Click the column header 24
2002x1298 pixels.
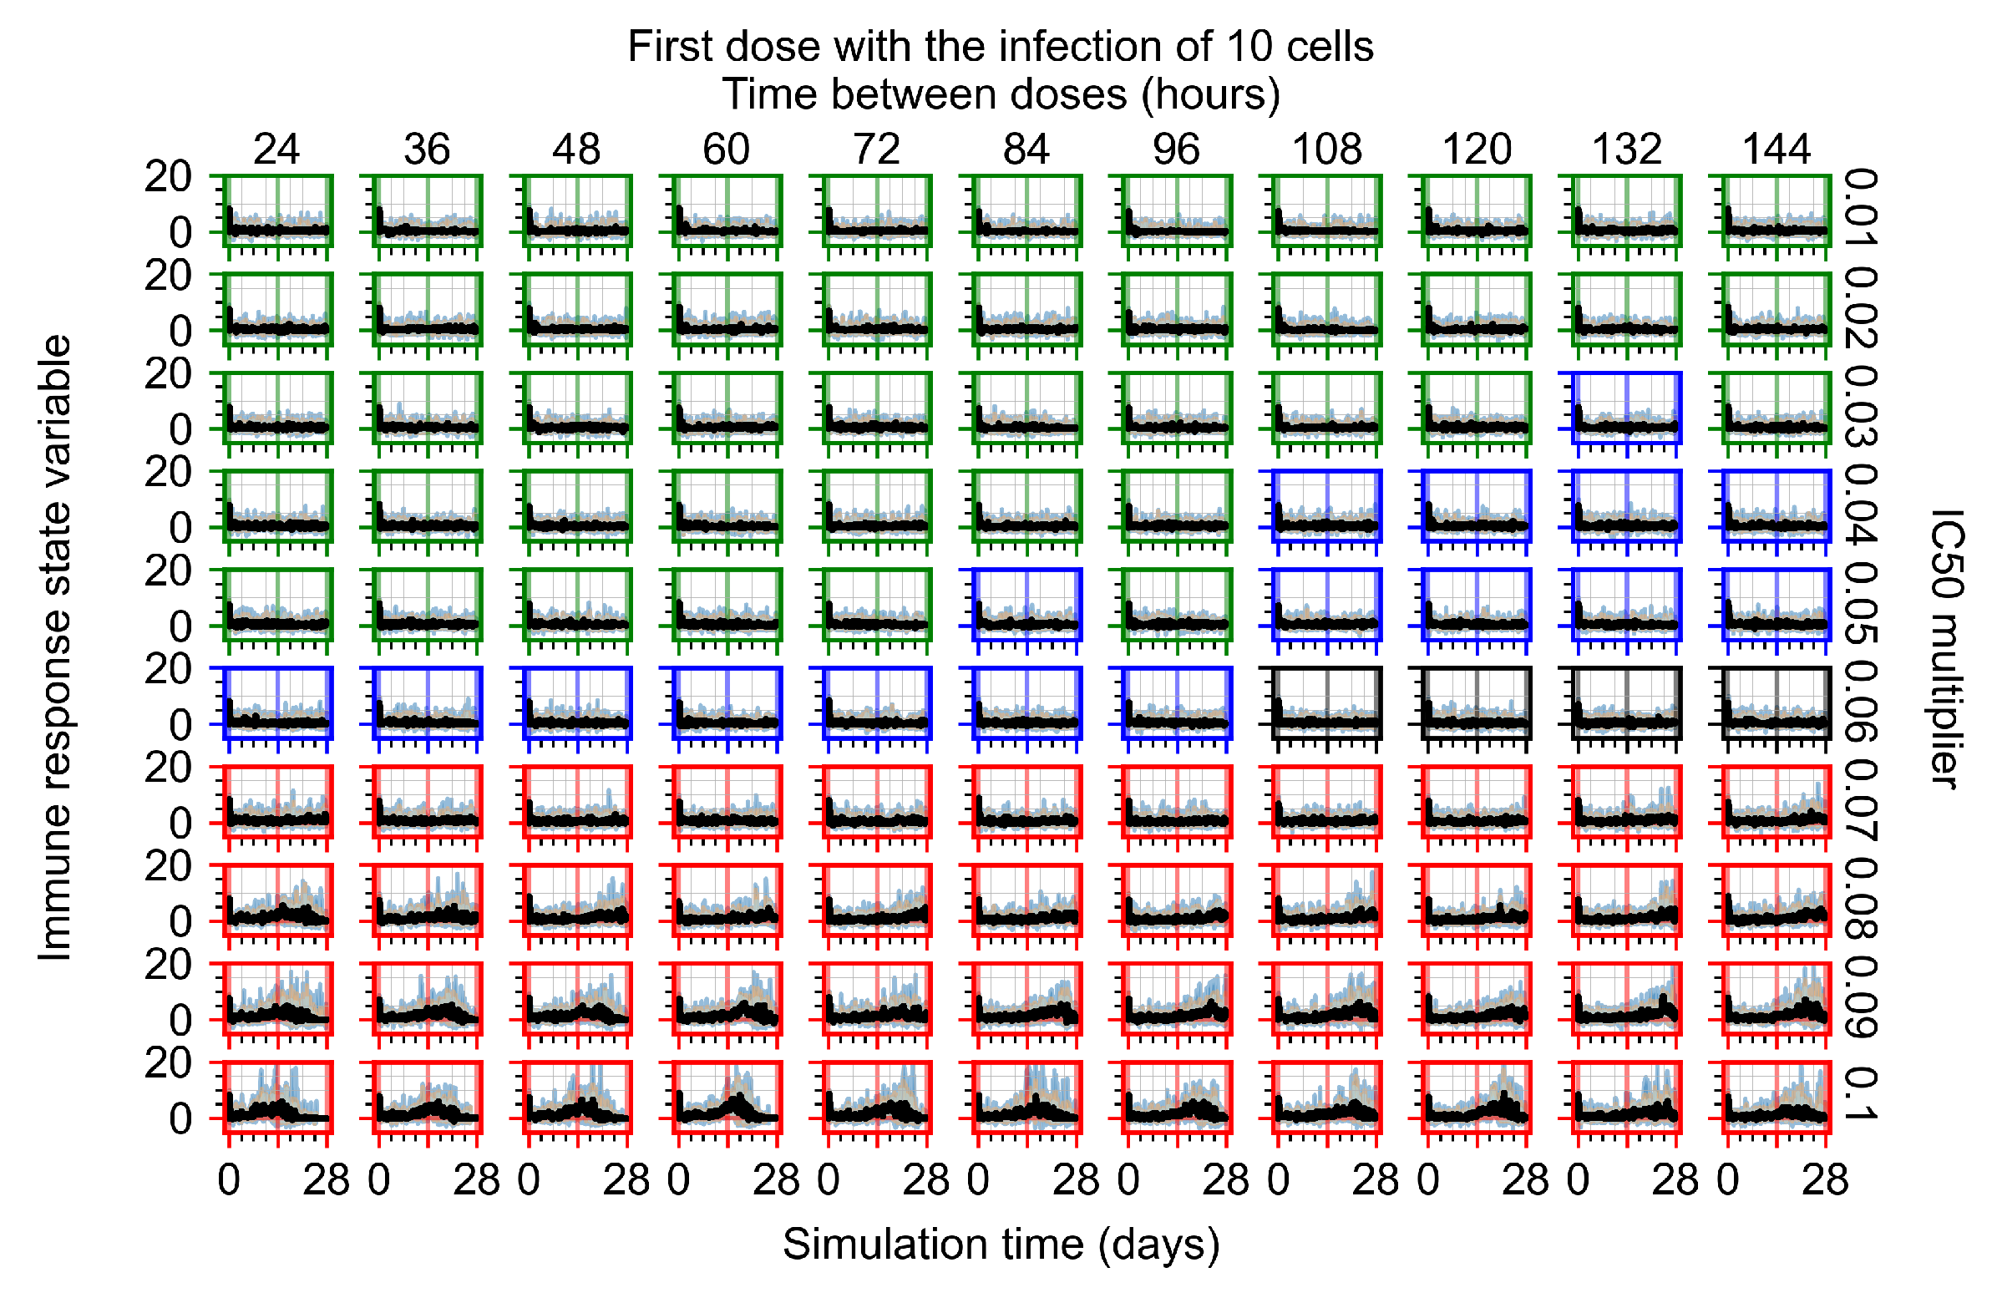(x=276, y=150)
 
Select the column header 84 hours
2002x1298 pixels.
(x=1026, y=150)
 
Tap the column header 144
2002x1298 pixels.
(x=1776, y=150)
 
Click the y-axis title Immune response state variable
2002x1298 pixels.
(x=55, y=647)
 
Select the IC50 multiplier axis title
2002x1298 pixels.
(x=1945, y=647)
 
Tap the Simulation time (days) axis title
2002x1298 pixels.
(x=1000, y=1245)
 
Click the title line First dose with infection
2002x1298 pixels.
(x=1000, y=46)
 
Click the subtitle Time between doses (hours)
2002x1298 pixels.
(x=1000, y=94)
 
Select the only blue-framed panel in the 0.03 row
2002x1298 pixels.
(x=1626, y=407)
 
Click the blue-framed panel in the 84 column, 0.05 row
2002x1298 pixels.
(x=1026, y=604)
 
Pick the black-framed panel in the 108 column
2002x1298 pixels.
(x=1326, y=702)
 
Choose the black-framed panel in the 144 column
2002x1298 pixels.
(x=1776, y=702)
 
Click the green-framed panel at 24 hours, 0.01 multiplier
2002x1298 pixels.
(x=276, y=210)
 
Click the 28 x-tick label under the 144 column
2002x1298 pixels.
(x=1824, y=1181)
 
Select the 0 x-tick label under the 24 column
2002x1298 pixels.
(x=229, y=1181)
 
